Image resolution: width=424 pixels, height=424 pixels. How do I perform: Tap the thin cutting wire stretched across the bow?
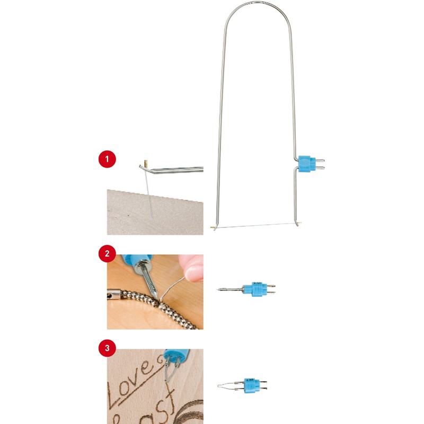pos(254,226)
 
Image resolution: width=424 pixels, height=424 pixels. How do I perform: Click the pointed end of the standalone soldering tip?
pos(220,289)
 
